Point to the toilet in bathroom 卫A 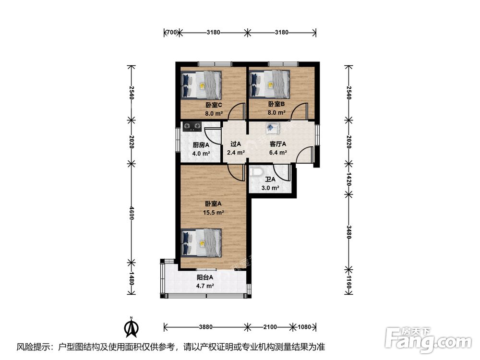click(x=256, y=171)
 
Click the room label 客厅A click(x=278, y=144)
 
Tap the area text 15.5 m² click(x=214, y=212)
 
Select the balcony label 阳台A click(x=205, y=277)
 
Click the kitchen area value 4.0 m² click(x=201, y=154)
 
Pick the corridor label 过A click(x=235, y=144)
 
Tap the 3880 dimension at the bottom click(x=206, y=327)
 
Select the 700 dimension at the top click(x=170, y=33)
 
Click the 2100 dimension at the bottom click(x=270, y=327)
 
